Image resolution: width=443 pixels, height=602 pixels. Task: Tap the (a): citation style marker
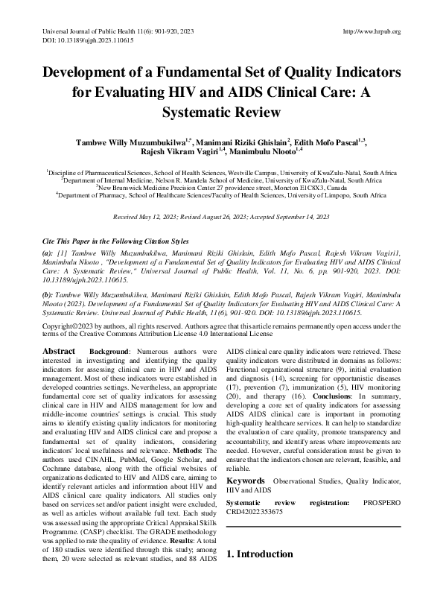coord(48,253)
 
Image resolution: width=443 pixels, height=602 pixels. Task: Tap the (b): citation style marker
coord(48,295)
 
